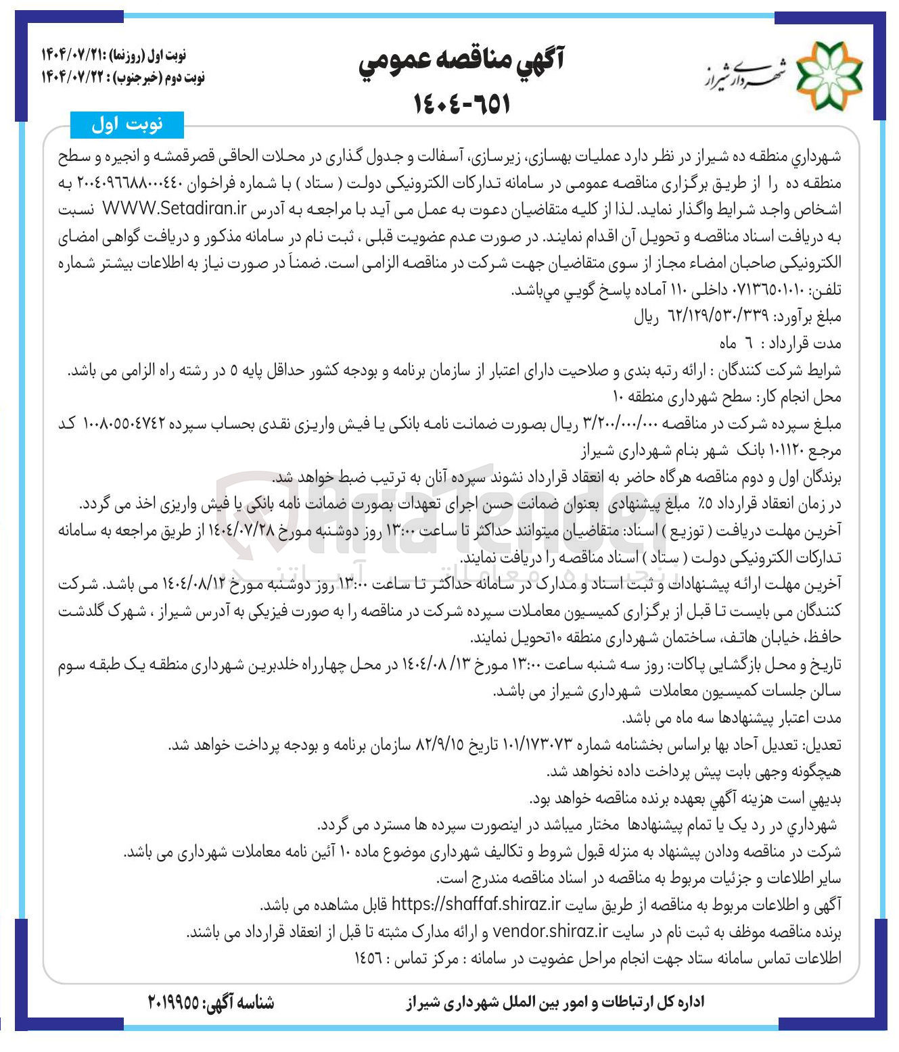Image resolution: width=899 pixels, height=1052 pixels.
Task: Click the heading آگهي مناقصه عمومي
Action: (x=461, y=62)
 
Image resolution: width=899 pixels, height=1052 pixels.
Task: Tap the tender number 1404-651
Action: (x=461, y=103)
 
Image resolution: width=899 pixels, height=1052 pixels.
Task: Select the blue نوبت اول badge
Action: (x=126, y=124)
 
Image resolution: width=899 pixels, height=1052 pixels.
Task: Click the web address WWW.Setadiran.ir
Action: (x=174, y=209)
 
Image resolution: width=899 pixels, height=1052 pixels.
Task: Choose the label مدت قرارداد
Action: (x=805, y=343)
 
